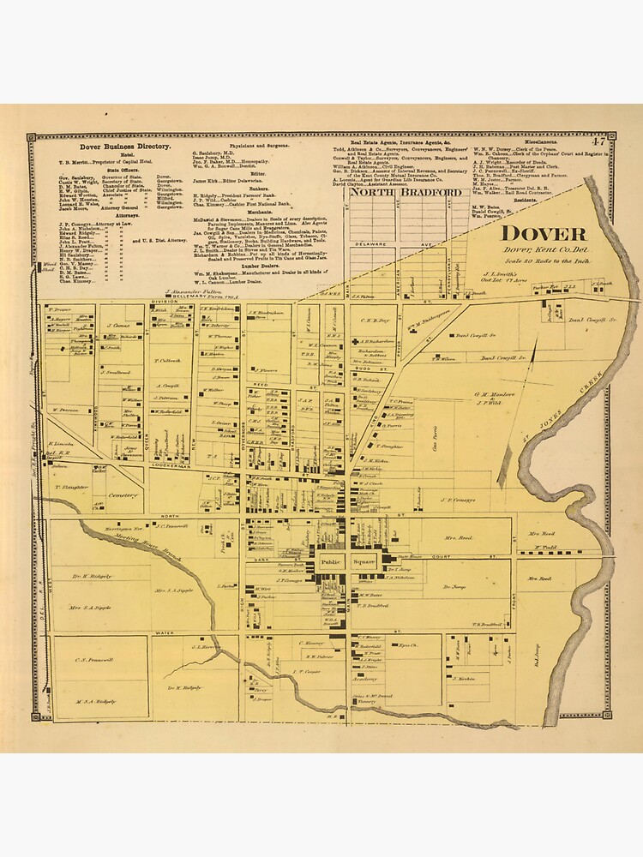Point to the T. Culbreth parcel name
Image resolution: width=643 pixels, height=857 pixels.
(166, 361)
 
